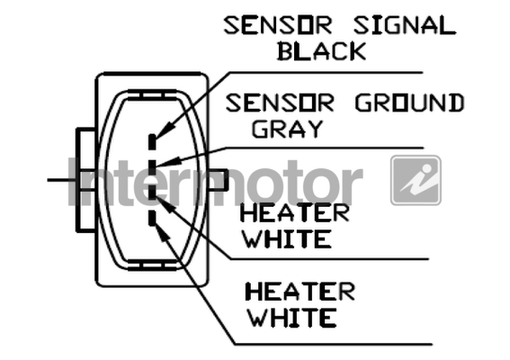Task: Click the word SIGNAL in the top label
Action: (x=405, y=25)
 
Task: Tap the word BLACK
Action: (x=321, y=51)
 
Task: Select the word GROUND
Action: (x=409, y=103)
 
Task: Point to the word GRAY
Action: (x=288, y=129)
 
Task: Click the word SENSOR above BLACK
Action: (x=278, y=25)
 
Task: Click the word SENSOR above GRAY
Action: (x=280, y=103)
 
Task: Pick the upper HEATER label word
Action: (x=294, y=213)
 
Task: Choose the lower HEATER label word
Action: (x=300, y=292)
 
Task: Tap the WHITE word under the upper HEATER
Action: (x=288, y=239)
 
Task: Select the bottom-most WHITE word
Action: (x=292, y=318)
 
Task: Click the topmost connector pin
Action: (x=152, y=142)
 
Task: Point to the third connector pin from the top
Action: (x=152, y=192)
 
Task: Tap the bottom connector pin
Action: (x=152, y=218)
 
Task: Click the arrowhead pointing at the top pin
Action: (x=166, y=130)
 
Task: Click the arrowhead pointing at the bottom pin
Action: (x=163, y=232)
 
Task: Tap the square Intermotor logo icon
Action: (x=416, y=180)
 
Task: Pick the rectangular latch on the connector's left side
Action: (x=85, y=180)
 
